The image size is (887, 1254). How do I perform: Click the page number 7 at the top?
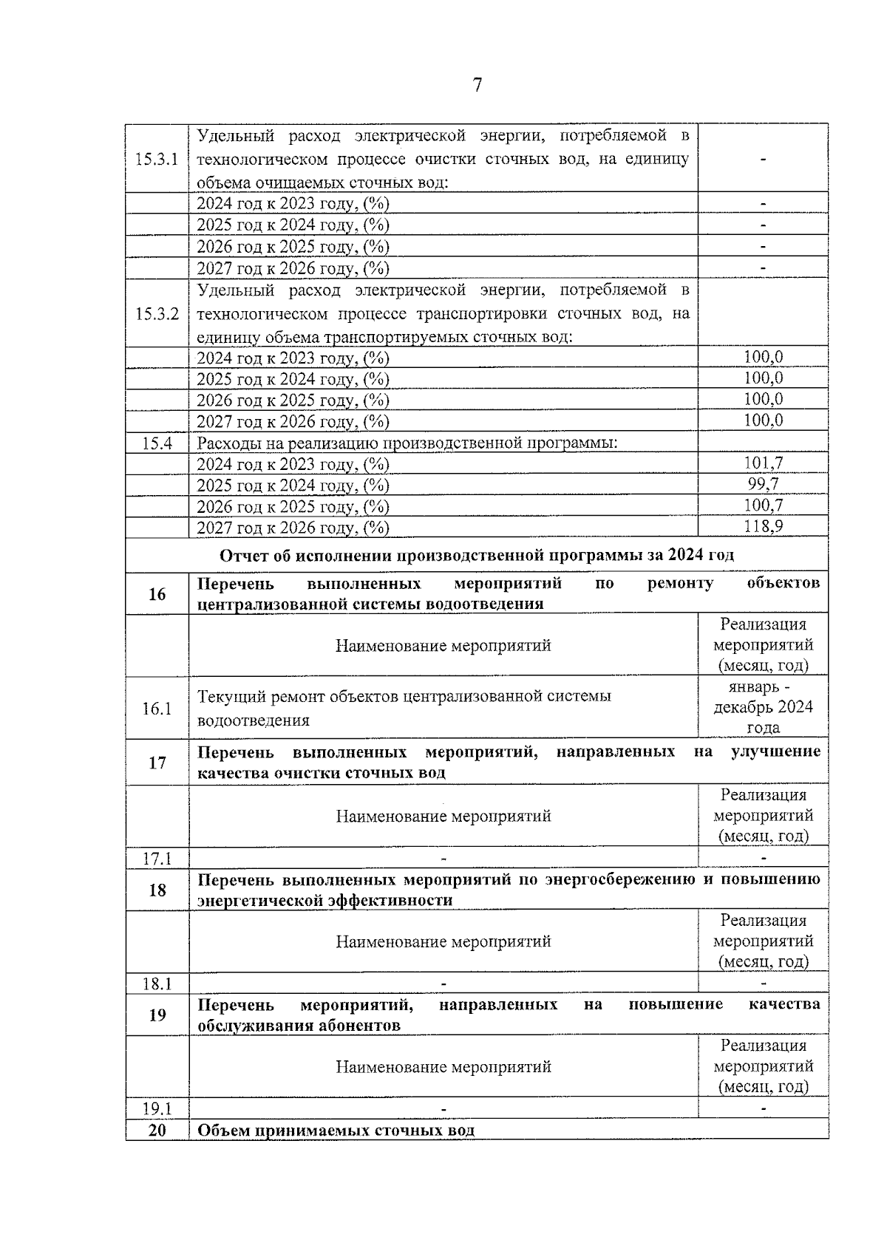pos(477,86)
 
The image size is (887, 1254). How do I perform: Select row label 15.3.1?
pos(157,159)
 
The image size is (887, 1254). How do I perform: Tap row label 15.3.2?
pos(157,314)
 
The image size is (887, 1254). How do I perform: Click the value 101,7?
pos(763,463)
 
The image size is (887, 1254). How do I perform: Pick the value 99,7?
pos(763,485)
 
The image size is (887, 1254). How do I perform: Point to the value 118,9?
pos(763,526)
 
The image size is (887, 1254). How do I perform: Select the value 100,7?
pos(763,505)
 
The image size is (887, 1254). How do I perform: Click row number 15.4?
pos(157,443)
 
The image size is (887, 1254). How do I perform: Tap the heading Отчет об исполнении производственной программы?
pos(477,555)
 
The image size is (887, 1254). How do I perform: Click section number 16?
pos(157,594)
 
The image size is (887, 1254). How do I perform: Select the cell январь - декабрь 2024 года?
pos(763,707)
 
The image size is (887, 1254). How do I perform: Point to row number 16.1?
pos(157,709)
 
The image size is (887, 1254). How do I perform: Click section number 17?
pos(157,763)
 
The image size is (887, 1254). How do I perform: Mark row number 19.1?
pos(157,1109)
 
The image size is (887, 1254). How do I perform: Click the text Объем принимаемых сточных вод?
pos(336,1131)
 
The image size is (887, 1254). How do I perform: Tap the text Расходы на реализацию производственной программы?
pos(407,443)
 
